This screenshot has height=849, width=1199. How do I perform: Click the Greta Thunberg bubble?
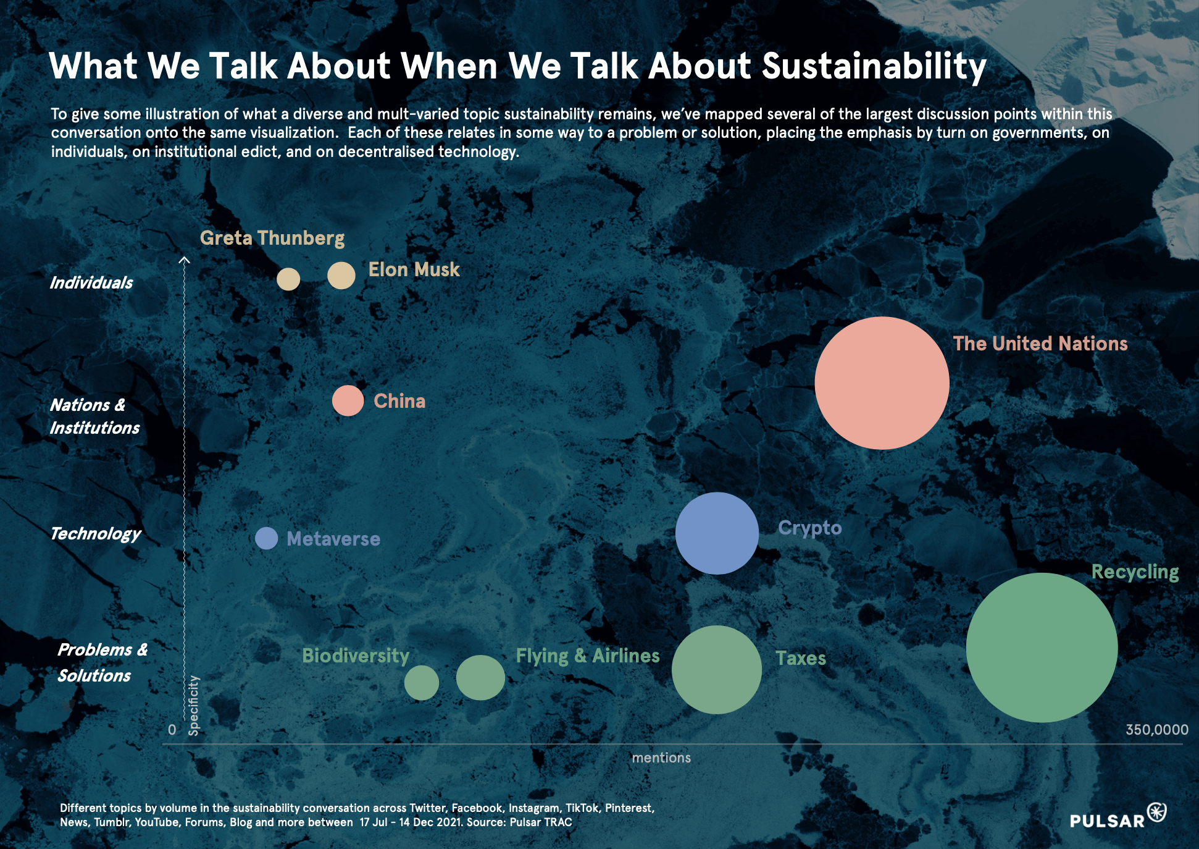(x=288, y=279)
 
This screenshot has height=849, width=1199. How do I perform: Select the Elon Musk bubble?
(x=341, y=276)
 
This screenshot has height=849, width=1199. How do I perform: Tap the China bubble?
(x=348, y=401)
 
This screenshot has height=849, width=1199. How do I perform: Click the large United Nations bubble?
(x=882, y=383)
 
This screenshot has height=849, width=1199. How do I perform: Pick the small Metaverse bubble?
(x=266, y=538)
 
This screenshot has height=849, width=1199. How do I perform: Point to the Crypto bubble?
(x=717, y=533)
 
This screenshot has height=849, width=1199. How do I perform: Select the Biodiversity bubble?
(x=421, y=683)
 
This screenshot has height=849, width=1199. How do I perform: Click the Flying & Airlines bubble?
(x=480, y=678)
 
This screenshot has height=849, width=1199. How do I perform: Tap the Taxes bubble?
(x=716, y=670)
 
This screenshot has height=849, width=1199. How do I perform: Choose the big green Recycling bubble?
(x=1042, y=648)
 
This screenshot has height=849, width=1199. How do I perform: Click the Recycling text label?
(x=1135, y=572)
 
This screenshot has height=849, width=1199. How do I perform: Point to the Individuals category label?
(x=91, y=283)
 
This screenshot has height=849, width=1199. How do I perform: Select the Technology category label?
(x=95, y=534)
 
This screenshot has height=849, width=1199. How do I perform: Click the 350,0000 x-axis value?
(x=1156, y=730)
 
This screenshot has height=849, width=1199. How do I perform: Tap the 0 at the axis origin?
(x=172, y=730)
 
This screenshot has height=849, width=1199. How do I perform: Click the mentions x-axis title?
(x=661, y=758)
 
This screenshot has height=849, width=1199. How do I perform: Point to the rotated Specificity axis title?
(x=194, y=705)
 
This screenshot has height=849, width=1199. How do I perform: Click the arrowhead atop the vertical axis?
(x=184, y=260)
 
